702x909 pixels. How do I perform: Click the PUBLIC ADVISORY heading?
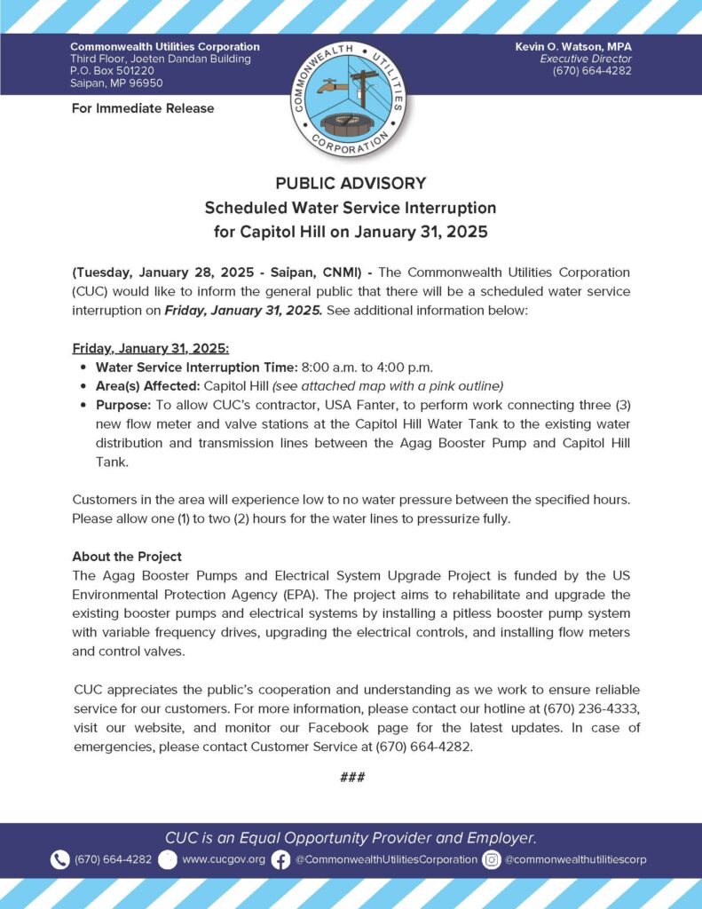pyautogui.click(x=351, y=184)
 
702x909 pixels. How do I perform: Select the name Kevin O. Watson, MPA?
pyautogui.click(x=573, y=46)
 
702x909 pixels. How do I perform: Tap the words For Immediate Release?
pyautogui.click(x=142, y=108)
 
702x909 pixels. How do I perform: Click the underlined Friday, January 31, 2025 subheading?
pyautogui.click(x=150, y=348)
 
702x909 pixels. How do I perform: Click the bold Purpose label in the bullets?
pyautogui.click(x=123, y=404)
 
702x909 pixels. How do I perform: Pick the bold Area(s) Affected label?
pyautogui.click(x=147, y=385)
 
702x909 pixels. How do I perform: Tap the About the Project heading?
pyautogui.click(x=126, y=557)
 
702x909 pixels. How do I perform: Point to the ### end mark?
pyautogui.click(x=351, y=778)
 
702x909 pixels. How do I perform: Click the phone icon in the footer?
pyautogui.click(x=60, y=859)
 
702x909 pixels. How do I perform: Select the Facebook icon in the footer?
pyautogui.click(x=280, y=859)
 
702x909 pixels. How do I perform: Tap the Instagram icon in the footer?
pyautogui.click(x=492, y=859)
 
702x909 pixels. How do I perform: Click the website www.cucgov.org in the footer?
pyautogui.click(x=224, y=859)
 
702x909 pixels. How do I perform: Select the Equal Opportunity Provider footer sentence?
pyautogui.click(x=351, y=837)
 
